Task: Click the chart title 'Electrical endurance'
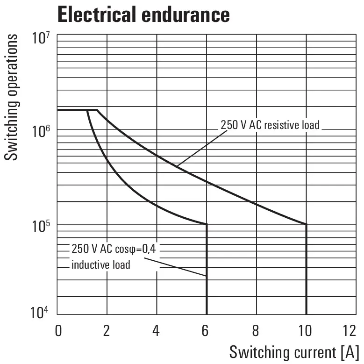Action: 143,14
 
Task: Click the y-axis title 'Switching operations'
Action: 13,97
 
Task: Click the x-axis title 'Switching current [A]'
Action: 294,351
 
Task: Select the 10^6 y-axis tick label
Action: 41,132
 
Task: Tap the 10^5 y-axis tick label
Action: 41,226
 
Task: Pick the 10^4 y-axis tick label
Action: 41,312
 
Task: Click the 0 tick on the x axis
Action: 58,331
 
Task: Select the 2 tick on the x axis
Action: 107,331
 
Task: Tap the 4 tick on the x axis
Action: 156,331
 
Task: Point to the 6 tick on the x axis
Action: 206,331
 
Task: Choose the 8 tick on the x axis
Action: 255,331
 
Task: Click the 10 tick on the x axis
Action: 305,331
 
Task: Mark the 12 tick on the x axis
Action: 349,331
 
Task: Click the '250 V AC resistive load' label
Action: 270,125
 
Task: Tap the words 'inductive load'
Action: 100,265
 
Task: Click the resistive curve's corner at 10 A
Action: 306,225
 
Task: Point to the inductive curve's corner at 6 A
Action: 207,225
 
